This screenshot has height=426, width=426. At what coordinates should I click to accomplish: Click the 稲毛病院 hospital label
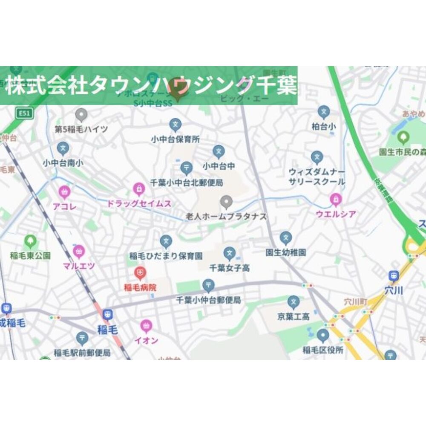[140, 287]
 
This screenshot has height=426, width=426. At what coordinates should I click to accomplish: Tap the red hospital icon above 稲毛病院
[140, 272]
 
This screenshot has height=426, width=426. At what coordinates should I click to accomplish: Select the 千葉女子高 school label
[230, 268]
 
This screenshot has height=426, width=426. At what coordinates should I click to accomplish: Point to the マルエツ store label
[79, 266]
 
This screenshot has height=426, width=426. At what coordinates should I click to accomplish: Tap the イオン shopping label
[146, 340]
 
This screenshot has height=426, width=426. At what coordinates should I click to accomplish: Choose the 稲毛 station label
[107, 329]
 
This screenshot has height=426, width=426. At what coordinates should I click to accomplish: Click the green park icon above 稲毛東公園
[30, 241]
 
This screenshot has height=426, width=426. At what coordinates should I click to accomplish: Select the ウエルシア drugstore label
[336, 214]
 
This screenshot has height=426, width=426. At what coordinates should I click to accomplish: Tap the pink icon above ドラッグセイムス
[139, 188]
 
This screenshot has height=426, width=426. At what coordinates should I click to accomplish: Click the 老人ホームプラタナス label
[226, 217]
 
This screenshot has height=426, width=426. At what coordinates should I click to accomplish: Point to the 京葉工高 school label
[293, 316]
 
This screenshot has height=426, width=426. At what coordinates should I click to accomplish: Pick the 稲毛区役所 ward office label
[323, 351]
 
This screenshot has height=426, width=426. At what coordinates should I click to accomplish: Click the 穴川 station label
[394, 291]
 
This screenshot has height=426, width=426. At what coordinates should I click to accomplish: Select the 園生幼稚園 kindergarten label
[285, 252]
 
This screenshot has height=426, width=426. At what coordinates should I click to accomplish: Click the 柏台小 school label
[324, 127]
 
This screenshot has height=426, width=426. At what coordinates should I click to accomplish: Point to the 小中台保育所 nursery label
[175, 139]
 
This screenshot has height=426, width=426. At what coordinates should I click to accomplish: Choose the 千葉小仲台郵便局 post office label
[208, 300]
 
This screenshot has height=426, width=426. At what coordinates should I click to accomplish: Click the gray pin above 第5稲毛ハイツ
[81, 114]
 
